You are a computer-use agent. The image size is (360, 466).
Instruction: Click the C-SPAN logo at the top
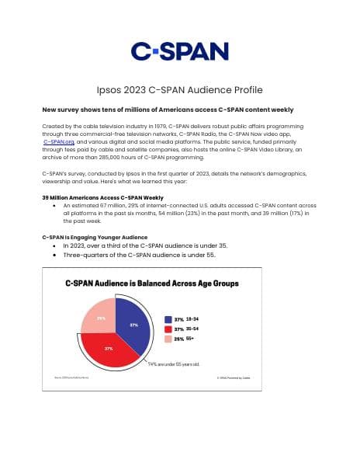[x=179, y=51]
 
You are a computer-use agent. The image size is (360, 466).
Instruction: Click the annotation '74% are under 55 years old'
[x=174, y=363]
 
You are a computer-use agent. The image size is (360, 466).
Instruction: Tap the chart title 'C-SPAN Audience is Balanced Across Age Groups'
[x=151, y=283]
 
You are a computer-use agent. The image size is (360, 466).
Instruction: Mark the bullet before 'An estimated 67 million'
[x=54, y=206]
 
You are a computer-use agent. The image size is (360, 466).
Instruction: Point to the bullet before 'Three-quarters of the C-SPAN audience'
[x=54, y=255]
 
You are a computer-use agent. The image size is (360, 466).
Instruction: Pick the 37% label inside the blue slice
[x=133, y=325]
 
